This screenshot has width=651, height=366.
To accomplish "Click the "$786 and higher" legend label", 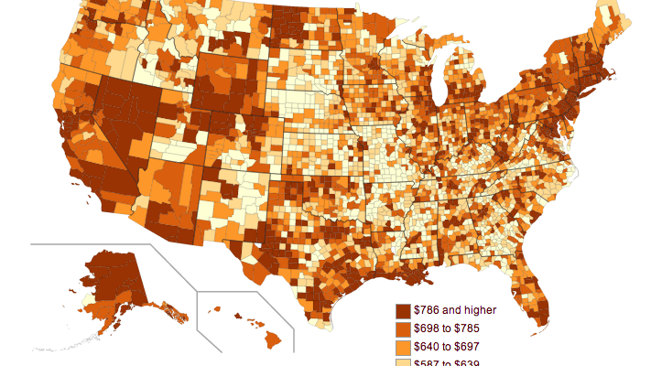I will (455, 310).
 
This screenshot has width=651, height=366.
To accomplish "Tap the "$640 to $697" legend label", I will (447, 348).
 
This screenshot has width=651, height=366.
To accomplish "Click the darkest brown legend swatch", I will (402, 311).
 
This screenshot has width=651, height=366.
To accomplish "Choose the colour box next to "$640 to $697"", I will (402, 348).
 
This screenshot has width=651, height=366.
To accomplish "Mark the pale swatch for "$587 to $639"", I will (402, 362).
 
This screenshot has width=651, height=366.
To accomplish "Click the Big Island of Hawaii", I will (273, 339).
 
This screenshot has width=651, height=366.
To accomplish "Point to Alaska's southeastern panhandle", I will (174, 315).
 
